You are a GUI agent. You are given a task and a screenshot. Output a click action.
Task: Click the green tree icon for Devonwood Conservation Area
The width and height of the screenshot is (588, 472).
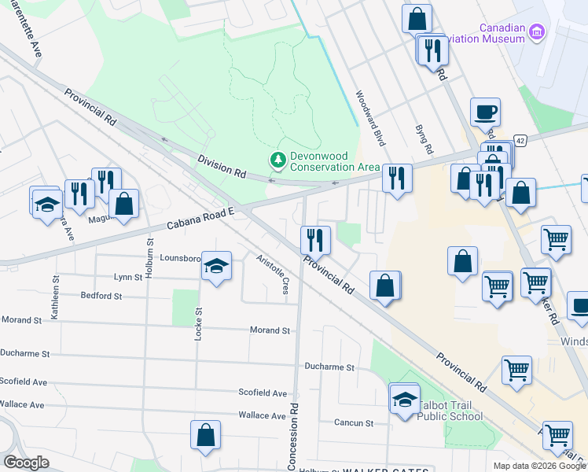coord(277,160)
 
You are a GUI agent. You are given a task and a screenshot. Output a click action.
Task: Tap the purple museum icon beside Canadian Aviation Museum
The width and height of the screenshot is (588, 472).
coord(538,32)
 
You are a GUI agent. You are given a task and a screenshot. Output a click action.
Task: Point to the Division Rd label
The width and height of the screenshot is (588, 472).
coord(222,166)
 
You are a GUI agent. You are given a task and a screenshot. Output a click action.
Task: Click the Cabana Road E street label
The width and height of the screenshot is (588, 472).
coord(201,219)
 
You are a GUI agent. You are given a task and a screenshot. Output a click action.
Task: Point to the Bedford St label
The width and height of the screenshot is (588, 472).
coord(101,297)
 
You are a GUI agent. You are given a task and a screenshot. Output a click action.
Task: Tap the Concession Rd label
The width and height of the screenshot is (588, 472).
coord(292,437)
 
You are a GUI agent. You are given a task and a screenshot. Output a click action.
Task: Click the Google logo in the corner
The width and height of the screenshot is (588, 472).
coord(26,463)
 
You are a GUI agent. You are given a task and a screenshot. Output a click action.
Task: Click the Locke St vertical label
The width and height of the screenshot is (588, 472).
coord(198,345)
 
